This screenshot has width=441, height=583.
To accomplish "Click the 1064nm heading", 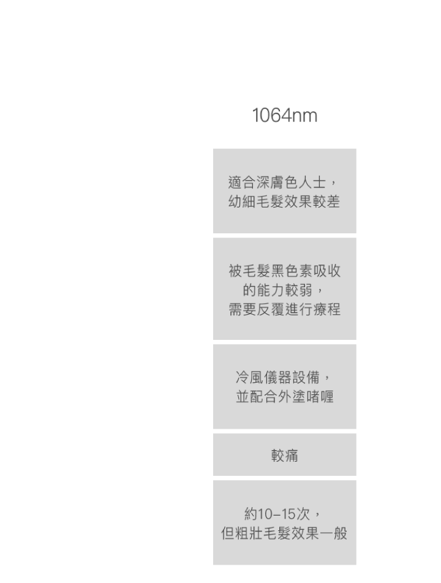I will [285, 115].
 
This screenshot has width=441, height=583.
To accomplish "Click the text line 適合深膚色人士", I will [280, 182].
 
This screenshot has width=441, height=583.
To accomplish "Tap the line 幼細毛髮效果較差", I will [284, 201].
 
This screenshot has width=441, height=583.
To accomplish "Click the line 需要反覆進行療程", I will [284, 309].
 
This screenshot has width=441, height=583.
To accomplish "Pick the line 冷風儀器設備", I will [281, 377].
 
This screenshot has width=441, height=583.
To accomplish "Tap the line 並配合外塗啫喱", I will [284, 396].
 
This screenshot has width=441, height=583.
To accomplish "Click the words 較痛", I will [284, 455].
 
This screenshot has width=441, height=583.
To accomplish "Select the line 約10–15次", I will [280, 514].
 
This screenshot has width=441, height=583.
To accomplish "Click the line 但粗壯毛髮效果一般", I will [284, 533].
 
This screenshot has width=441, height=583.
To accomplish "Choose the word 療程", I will [326, 309].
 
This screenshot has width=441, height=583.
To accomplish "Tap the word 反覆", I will [270, 309].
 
